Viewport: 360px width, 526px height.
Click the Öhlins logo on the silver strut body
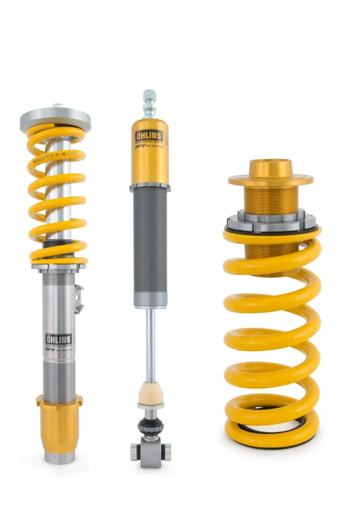click(x=58, y=339)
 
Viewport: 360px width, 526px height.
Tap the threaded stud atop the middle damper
click(x=149, y=102)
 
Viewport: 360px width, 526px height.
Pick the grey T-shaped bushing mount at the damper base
click(x=150, y=453)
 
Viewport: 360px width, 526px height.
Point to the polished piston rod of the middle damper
click(x=150, y=342)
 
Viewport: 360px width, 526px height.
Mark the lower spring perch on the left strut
click(x=58, y=266)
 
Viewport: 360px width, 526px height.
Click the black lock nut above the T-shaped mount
click(x=150, y=427)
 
